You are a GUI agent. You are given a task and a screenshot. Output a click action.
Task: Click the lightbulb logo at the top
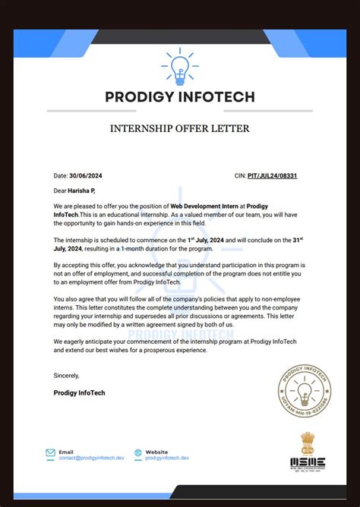coord(180,66)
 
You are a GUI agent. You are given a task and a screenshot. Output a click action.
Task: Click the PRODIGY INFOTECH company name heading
coord(180,97)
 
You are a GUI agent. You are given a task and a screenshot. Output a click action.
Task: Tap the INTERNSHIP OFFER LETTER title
coord(180,129)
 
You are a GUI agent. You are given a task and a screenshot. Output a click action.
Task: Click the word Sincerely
coord(67,375)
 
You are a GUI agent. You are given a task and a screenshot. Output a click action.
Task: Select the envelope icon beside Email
coord(50,453)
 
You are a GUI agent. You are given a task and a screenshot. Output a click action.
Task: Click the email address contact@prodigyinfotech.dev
coord(91,458)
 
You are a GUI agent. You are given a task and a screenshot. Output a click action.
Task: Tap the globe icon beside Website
coord(138,453)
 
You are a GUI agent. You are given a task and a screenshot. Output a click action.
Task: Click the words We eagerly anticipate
coord(87,342)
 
